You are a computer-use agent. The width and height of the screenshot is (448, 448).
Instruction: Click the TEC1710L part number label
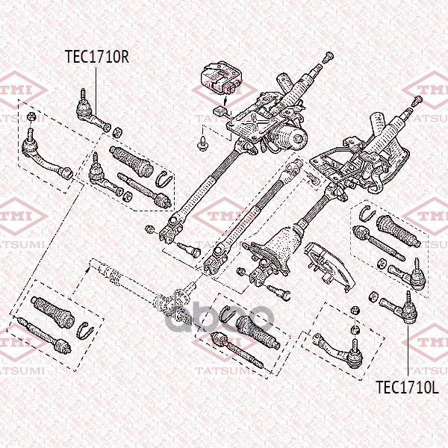click(405, 387)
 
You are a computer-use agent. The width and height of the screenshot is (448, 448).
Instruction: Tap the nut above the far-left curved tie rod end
click(30, 117)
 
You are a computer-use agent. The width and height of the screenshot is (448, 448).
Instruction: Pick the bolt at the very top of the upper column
click(328, 56)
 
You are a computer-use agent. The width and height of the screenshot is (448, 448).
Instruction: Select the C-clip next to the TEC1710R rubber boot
click(165, 179)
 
